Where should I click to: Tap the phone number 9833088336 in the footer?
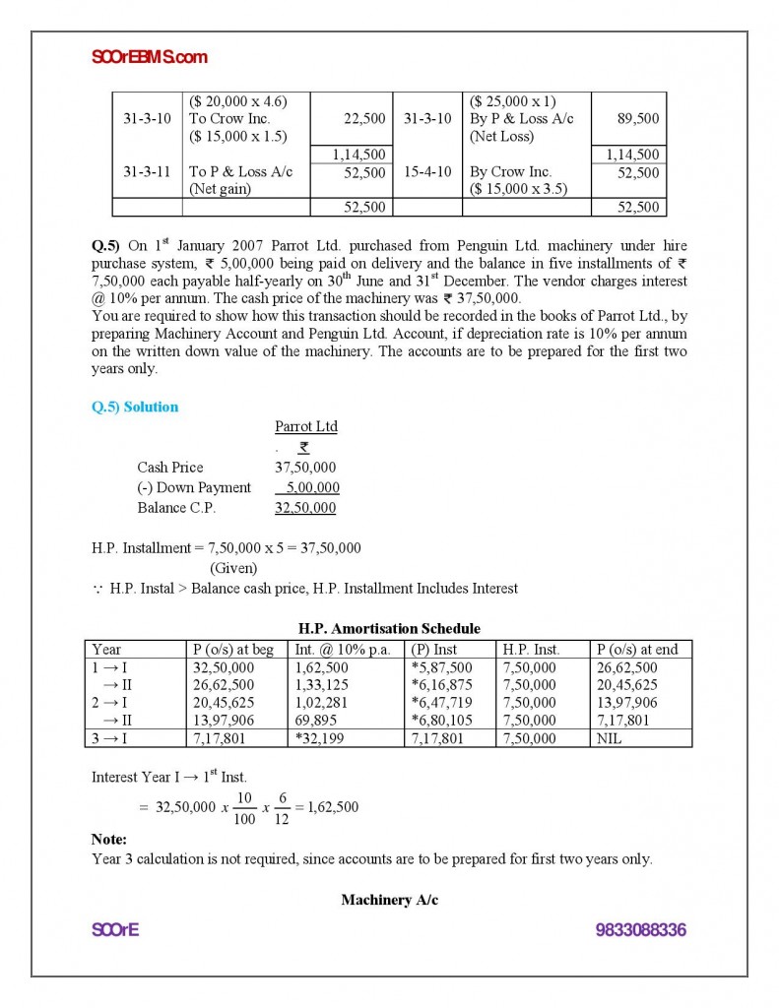point(640,930)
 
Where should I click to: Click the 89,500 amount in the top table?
point(639,118)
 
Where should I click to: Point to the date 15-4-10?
point(427,171)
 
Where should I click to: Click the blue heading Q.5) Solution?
point(135,407)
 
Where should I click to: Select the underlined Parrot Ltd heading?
point(305,426)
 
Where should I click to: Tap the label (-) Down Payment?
point(194,487)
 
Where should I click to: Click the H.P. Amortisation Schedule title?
point(389,628)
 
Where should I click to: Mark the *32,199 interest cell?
point(317,737)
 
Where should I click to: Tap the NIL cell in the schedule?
point(611,737)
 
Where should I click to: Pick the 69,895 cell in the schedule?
point(315,720)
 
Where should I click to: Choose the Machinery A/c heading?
point(389,900)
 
